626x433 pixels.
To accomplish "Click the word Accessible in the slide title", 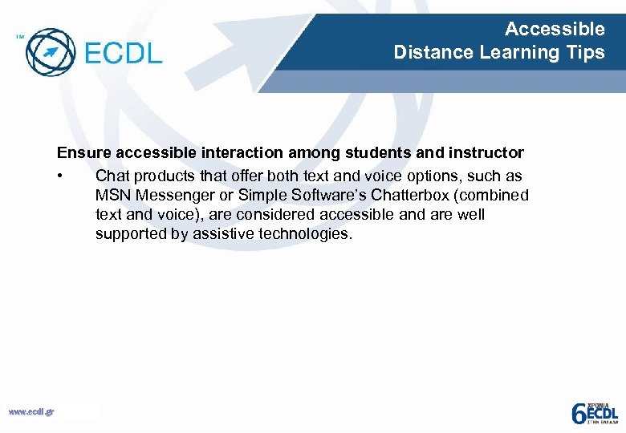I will point(555,30).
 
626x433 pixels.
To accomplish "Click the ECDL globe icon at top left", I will point(50,52).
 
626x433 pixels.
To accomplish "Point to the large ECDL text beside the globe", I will point(123,54).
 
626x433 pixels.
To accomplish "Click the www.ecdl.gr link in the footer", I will point(31,411).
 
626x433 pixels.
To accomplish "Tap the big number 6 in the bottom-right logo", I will point(578,413).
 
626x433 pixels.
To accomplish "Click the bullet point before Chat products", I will point(60,176).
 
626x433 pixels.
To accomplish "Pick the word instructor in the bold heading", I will point(488,152).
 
